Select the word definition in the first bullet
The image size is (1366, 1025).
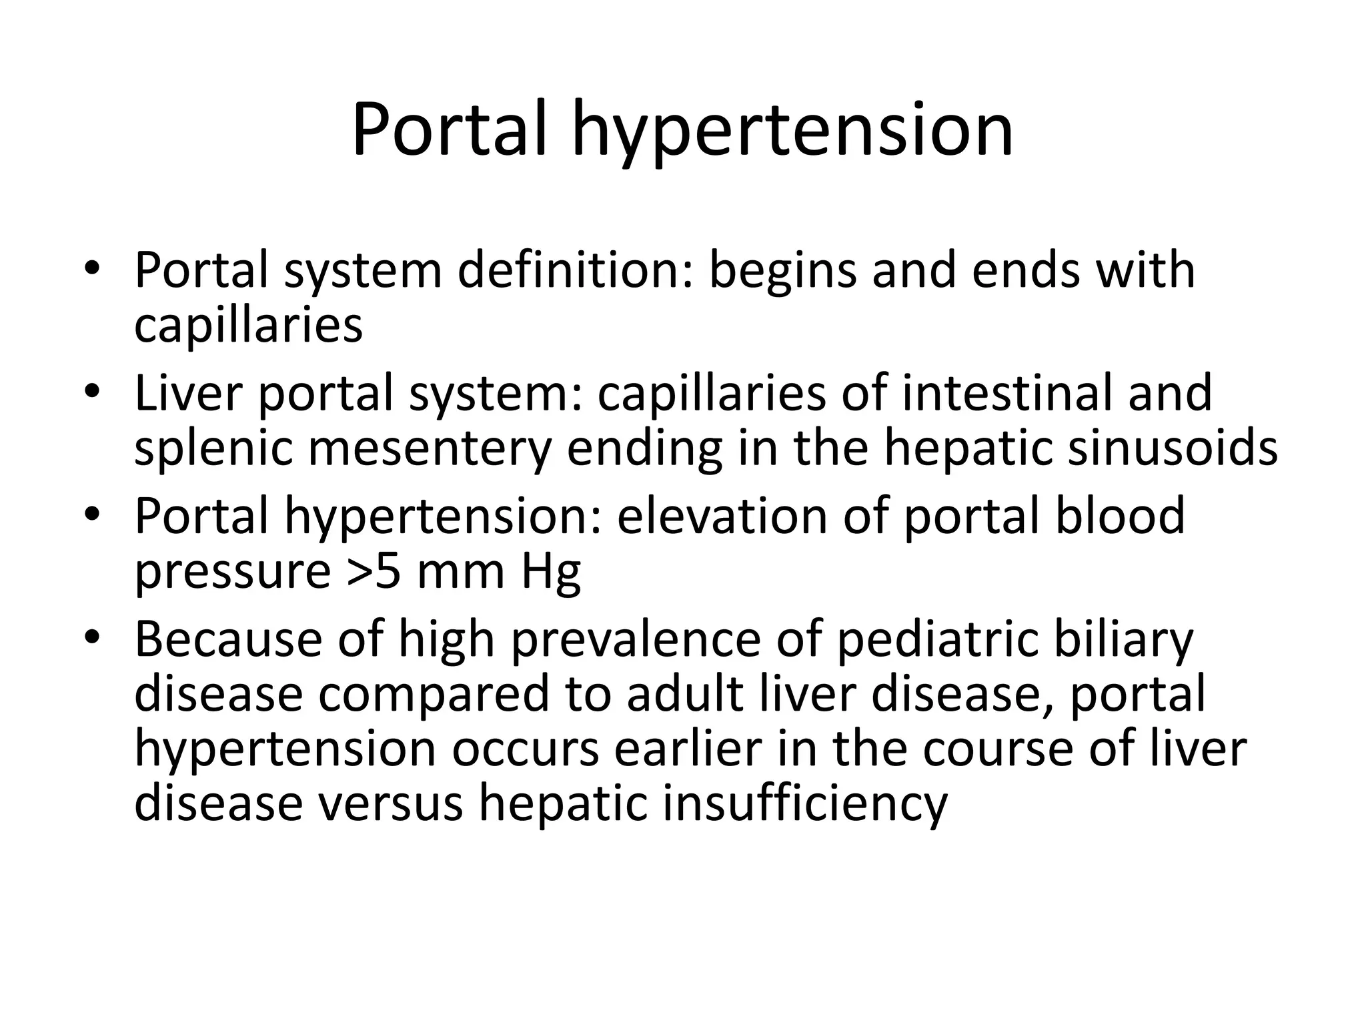(574, 270)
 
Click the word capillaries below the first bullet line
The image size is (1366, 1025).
(248, 325)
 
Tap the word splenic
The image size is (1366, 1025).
(213, 448)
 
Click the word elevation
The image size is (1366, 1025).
(721, 516)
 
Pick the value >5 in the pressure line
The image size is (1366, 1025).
(373, 571)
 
